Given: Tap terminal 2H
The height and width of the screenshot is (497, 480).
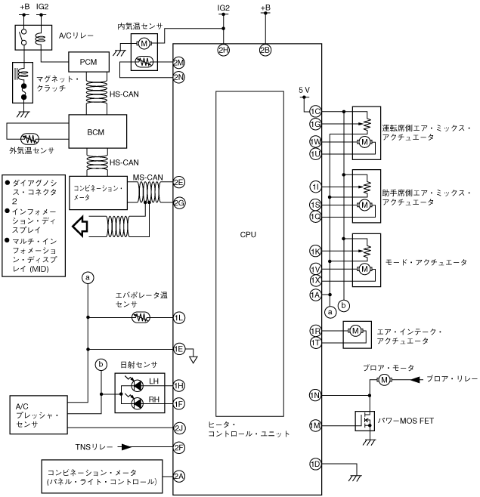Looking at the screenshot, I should (x=223, y=50).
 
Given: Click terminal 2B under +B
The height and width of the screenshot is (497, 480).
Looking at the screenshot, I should (x=265, y=50).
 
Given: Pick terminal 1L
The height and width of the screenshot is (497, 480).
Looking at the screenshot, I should (x=179, y=318).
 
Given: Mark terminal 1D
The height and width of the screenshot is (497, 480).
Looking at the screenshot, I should (x=315, y=463).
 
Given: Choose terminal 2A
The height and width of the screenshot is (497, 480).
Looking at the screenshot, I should (x=179, y=476).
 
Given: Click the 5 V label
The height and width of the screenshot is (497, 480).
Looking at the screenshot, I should (x=304, y=90).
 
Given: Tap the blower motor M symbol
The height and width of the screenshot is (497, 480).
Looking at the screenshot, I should (x=384, y=379).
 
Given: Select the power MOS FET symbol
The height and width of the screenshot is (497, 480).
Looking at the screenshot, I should (x=366, y=421).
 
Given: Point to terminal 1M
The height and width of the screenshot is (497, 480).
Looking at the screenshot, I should (x=315, y=426).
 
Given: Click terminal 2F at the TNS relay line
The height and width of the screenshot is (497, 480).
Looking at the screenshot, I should (x=179, y=447).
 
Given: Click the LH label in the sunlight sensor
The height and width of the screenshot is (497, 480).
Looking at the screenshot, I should (x=153, y=381).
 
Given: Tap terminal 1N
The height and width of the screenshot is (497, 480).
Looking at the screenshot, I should (x=315, y=394).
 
